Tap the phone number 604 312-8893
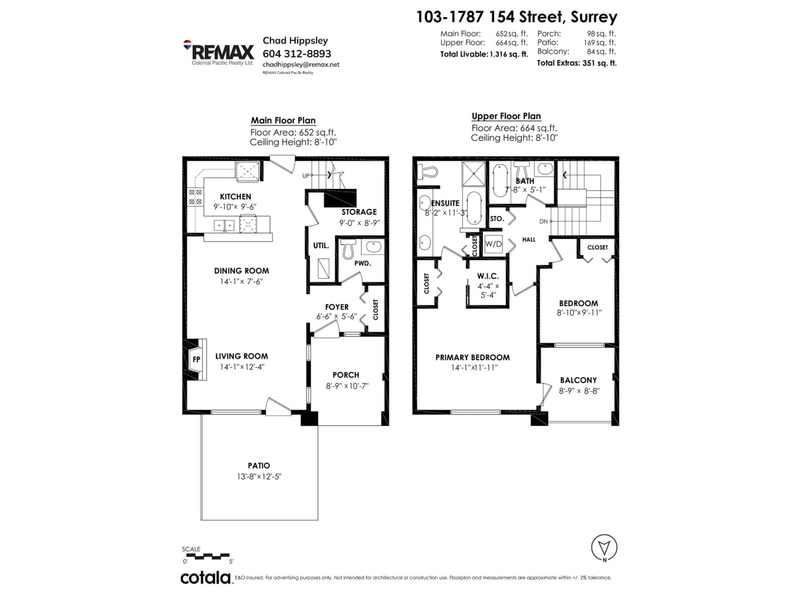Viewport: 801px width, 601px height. click(x=297, y=54)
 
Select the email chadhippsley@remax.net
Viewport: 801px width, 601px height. click(x=301, y=64)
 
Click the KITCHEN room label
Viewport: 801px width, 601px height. click(x=235, y=197)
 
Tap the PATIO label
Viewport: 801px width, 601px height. click(x=258, y=466)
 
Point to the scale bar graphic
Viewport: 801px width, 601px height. click(x=208, y=555)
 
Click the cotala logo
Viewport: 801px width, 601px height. click(x=205, y=578)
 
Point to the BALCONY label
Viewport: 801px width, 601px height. click(x=578, y=380)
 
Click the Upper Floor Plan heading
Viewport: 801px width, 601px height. click(x=506, y=116)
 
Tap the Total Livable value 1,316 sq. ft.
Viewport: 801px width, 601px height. click(x=509, y=54)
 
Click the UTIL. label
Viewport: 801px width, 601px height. click(x=321, y=246)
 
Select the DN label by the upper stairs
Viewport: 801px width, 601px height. click(x=543, y=221)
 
